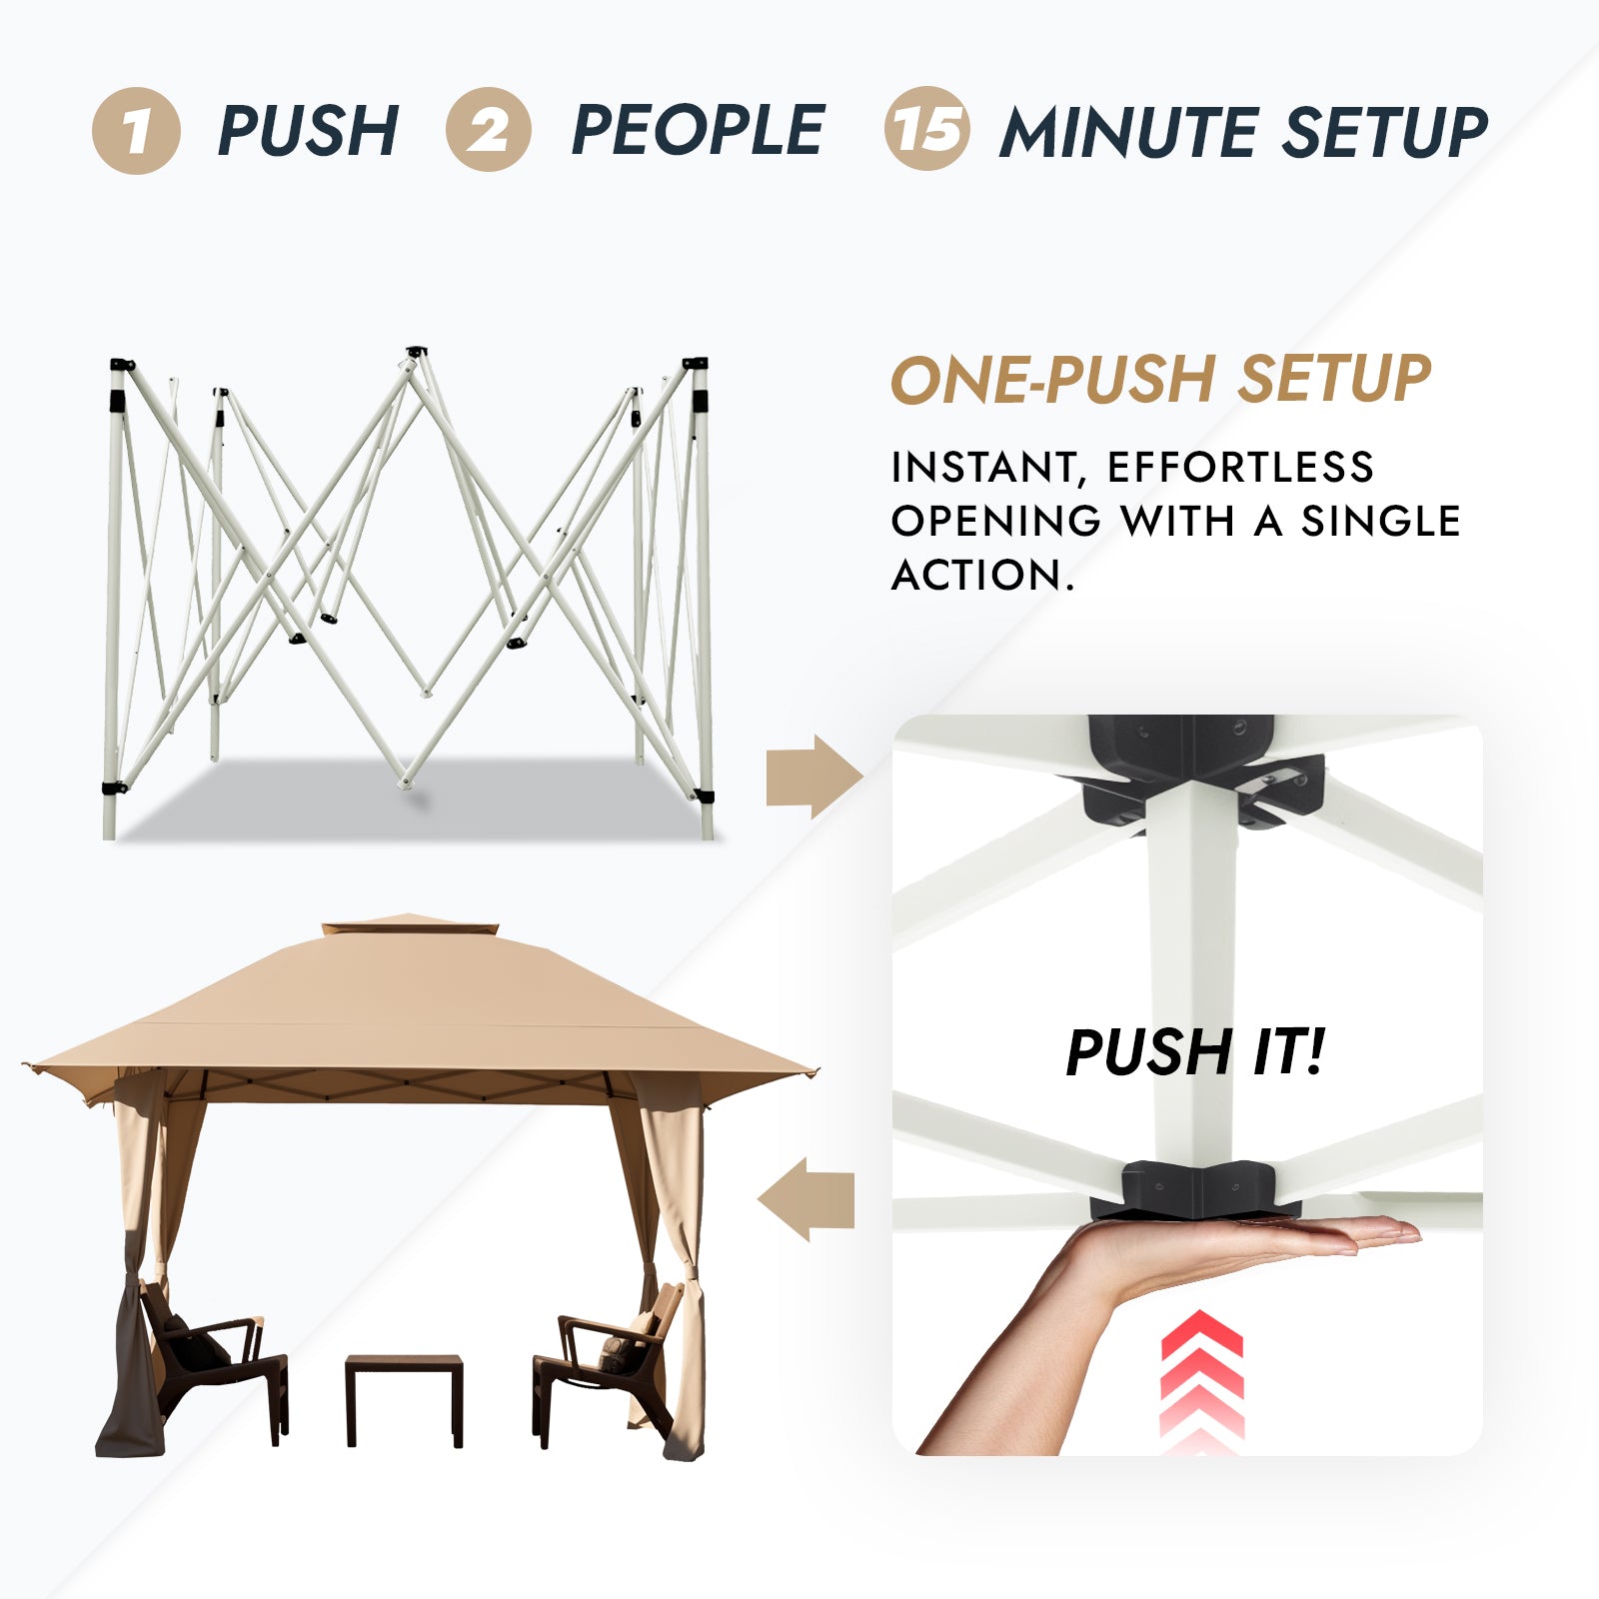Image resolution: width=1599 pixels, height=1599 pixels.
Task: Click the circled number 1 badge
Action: pyautogui.click(x=136, y=131)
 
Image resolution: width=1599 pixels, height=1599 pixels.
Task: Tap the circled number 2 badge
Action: pyautogui.click(x=489, y=130)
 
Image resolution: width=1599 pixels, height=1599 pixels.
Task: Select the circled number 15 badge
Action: pyautogui.click(x=926, y=129)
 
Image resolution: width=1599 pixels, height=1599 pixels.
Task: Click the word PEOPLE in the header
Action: pyautogui.click(x=698, y=130)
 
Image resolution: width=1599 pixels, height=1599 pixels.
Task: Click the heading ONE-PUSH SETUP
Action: pyautogui.click(x=1161, y=379)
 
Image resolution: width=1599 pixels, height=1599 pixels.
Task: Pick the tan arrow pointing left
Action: pyautogui.click(x=805, y=1200)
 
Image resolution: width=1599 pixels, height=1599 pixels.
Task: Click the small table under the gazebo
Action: pyautogui.click(x=404, y=1399)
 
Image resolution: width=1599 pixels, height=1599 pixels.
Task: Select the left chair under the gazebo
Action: pyautogui.click(x=214, y=1359)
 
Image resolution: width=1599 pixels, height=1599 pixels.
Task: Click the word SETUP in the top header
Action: pyautogui.click(x=1385, y=132)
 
